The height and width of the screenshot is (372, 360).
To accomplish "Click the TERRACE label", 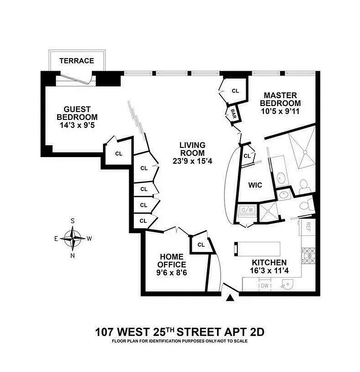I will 77,61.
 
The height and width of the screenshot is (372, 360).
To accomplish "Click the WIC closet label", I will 255,185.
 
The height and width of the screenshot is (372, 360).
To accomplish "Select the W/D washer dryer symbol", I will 247,210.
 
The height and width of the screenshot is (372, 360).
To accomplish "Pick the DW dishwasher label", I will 264,286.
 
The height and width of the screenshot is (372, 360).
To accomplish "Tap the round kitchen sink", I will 288,284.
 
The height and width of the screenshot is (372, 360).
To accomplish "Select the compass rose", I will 72,238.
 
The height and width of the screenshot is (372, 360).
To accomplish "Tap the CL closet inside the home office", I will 201,245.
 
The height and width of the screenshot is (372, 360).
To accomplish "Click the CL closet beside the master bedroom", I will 235,91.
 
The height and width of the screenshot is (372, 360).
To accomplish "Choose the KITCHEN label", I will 269,263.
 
